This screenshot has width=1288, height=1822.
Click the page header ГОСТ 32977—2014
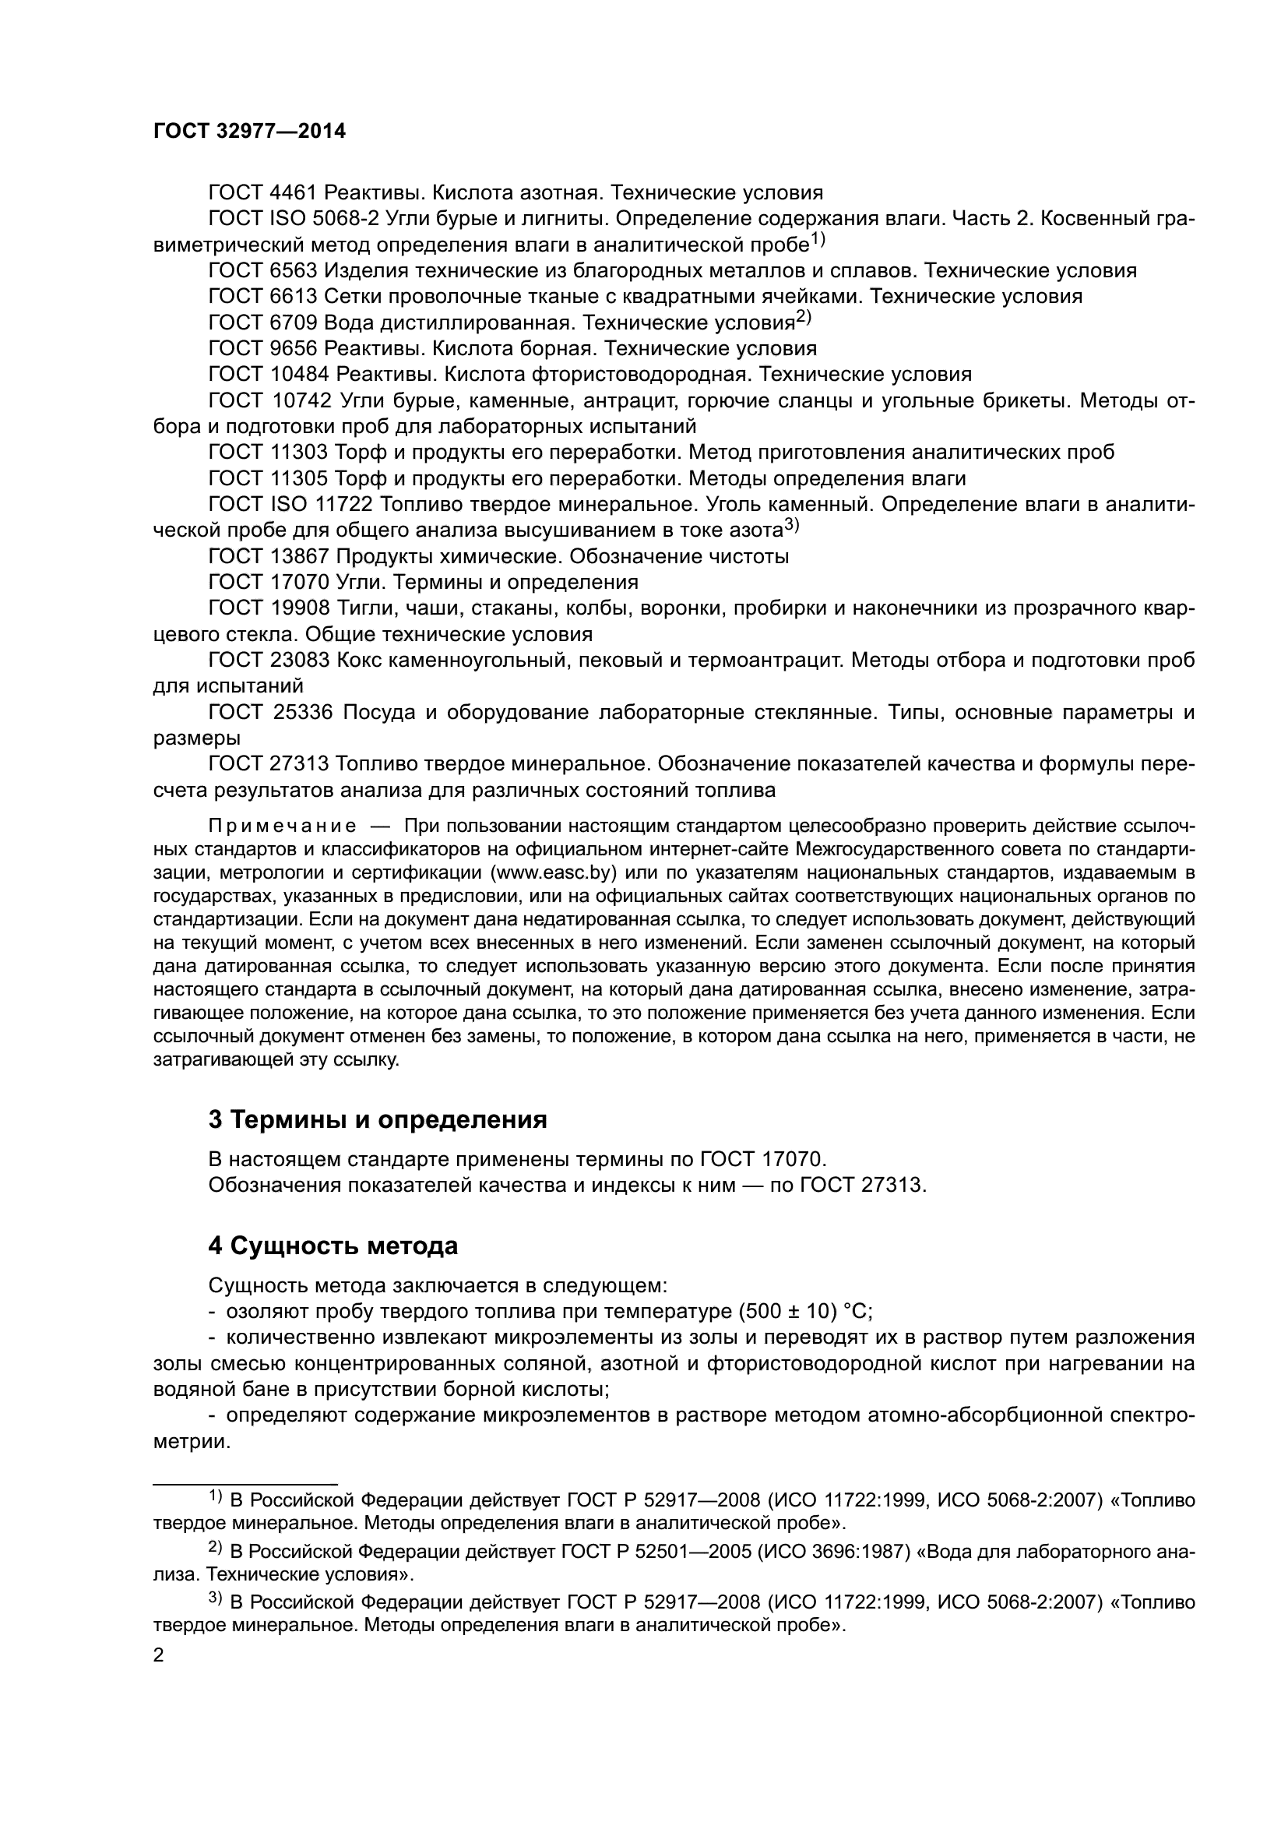tap(249, 132)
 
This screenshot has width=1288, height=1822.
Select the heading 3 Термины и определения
tap(378, 1119)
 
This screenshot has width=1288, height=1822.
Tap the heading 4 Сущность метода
tap(333, 1246)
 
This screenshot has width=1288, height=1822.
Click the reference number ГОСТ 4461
tap(262, 193)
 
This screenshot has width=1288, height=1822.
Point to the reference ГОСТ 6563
tap(262, 270)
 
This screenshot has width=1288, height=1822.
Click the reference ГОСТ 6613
tap(262, 297)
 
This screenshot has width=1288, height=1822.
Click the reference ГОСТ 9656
tap(262, 348)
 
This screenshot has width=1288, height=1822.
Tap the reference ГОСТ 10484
tap(268, 375)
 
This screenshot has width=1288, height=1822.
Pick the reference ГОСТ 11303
tap(268, 453)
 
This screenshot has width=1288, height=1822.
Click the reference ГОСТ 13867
tap(268, 556)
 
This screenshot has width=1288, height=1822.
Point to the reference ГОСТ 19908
tap(268, 608)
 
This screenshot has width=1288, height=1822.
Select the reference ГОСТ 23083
tap(268, 661)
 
